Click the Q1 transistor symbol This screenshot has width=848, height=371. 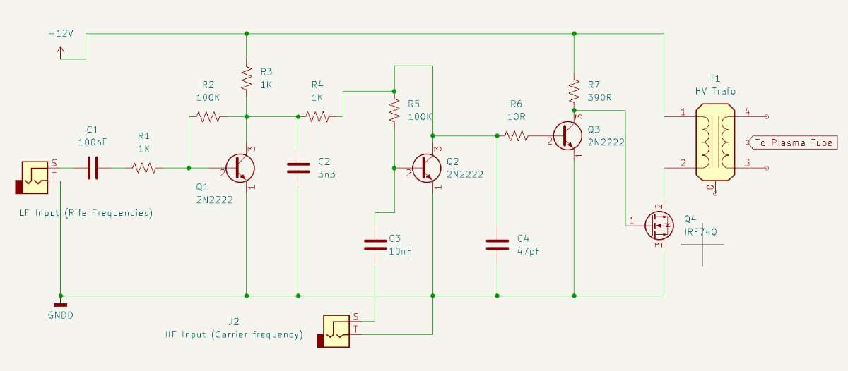(x=240, y=168)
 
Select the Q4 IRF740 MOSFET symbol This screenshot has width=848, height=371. (x=659, y=226)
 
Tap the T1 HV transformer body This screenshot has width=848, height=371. (x=715, y=142)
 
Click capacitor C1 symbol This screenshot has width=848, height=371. (x=93, y=168)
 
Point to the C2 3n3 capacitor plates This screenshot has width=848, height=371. (x=298, y=168)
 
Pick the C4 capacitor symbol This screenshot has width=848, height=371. (x=497, y=245)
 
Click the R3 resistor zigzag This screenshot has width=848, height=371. (x=247, y=78)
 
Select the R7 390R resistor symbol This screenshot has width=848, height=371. (x=574, y=91)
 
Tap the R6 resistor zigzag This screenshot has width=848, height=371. (x=517, y=135)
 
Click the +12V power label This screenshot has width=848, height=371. (x=61, y=34)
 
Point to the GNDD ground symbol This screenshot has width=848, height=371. (x=60, y=305)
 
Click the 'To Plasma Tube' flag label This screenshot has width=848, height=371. (x=794, y=142)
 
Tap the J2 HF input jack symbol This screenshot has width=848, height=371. (x=334, y=332)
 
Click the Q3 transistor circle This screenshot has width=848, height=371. (x=567, y=136)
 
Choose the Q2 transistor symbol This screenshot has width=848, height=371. (x=426, y=168)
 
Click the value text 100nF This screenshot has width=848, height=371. (x=93, y=142)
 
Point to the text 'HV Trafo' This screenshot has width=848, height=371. (x=715, y=91)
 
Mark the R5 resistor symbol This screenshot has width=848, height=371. (x=394, y=110)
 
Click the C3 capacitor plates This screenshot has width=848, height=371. (x=375, y=245)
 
